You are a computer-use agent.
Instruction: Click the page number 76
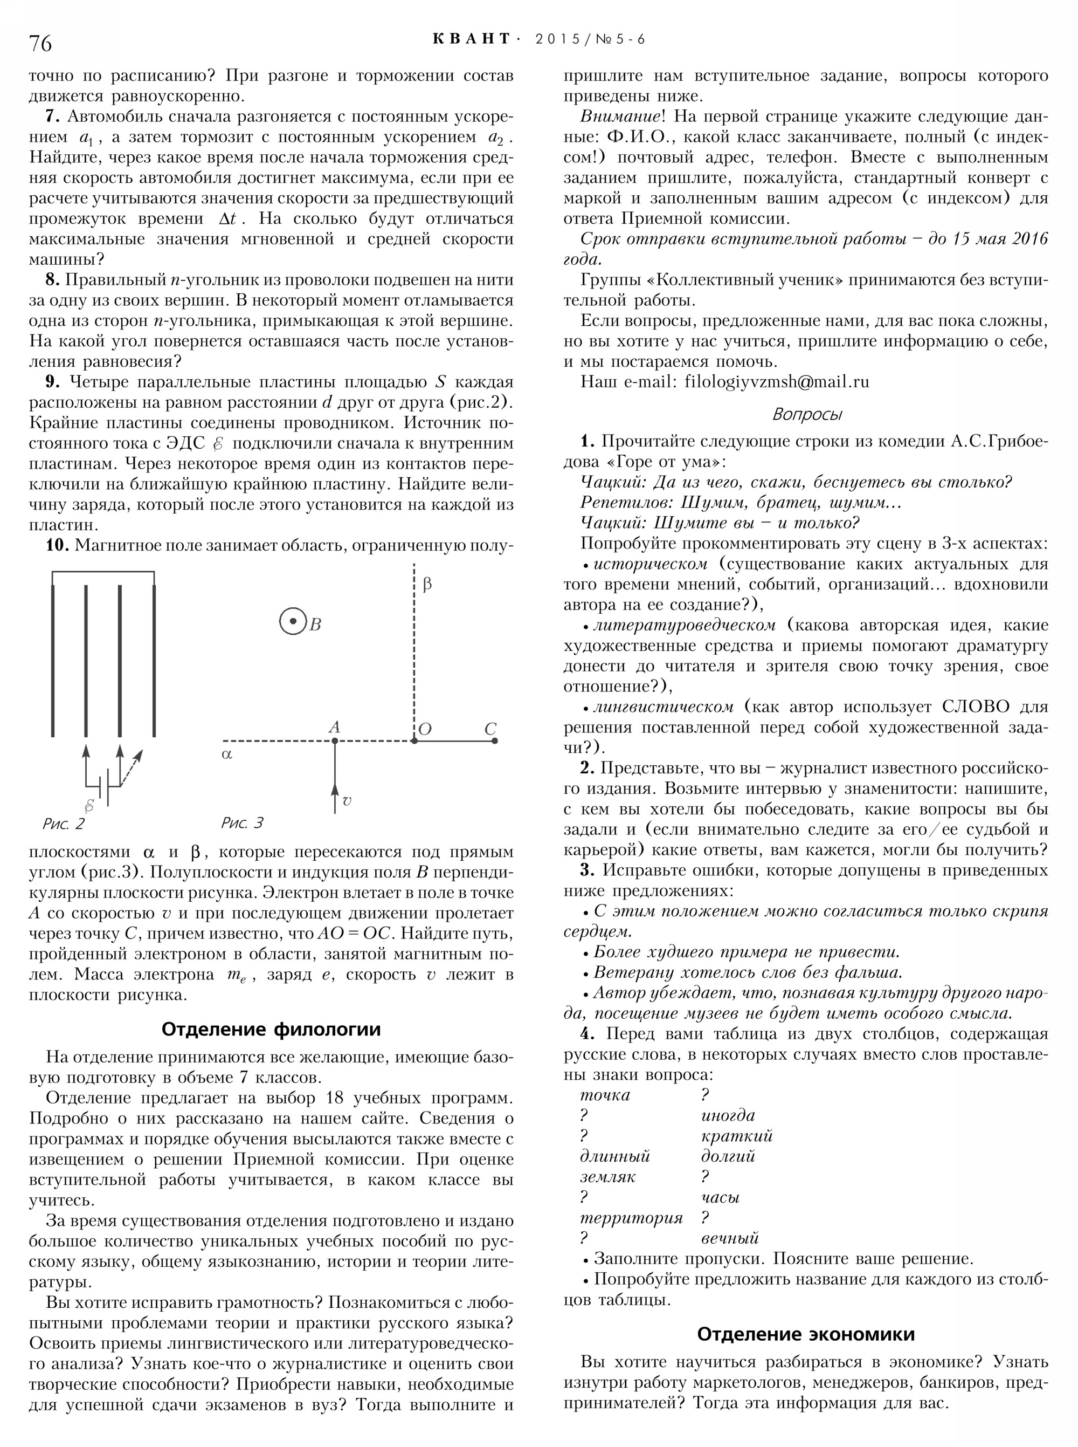[x=40, y=44]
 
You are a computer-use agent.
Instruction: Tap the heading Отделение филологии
[x=271, y=1030]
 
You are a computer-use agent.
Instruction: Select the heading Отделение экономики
[x=806, y=1334]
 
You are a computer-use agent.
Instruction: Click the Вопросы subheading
[x=806, y=414]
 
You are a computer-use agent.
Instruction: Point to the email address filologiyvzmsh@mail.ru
[x=777, y=382]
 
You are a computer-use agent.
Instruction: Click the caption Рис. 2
[x=63, y=824]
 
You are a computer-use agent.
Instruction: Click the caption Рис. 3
[x=242, y=823]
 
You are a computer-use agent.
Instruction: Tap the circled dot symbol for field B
[x=293, y=622]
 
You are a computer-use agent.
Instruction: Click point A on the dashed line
[x=335, y=740]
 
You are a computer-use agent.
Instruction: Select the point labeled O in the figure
[x=414, y=740]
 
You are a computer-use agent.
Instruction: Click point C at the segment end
[x=495, y=740]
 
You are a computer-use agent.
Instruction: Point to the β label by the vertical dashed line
[x=427, y=585]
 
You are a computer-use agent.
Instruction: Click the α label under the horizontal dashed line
[x=227, y=755]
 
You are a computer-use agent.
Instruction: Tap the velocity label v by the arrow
[x=347, y=800]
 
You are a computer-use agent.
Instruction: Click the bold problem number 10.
[x=58, y=545]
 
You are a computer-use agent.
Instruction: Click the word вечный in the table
[x=730, y=1238]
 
